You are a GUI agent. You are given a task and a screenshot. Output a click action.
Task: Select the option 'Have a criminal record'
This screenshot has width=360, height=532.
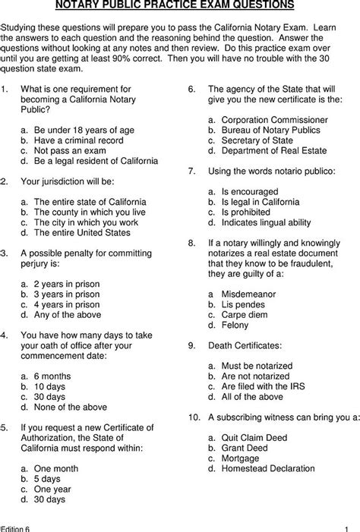coord(77,140)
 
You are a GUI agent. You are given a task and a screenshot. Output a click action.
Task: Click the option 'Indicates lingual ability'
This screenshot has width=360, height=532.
coord(266,222)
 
